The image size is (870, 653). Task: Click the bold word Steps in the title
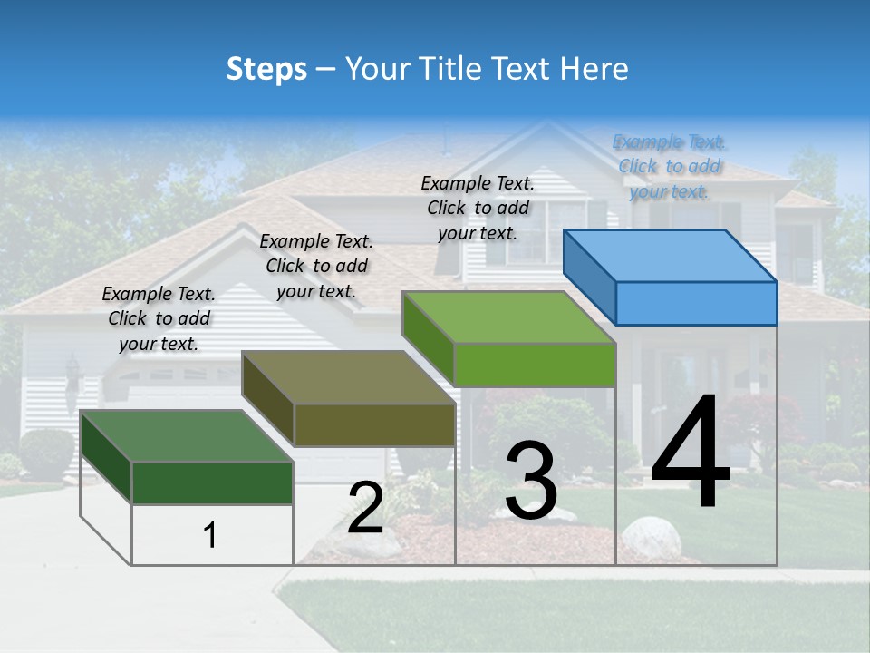[266, 69]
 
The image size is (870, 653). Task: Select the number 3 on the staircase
[531, 481]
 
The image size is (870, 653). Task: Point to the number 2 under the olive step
[365, 508]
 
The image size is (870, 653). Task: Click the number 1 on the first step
[210, 535]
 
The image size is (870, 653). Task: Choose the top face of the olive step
[348, 377]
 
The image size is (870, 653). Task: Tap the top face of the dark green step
[187, 436]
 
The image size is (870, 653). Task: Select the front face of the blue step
[696, 303]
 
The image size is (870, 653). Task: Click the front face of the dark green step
[212, 482]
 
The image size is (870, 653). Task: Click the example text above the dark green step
[159, 318]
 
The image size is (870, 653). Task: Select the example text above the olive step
[316, 266]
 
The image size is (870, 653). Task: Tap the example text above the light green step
[478, 208]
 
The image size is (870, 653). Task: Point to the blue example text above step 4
[669, 166]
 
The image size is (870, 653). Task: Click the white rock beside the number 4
[651, 538]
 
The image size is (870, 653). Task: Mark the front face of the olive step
[373, 424]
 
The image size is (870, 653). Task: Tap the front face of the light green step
[535, 365]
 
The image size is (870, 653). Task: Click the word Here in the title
[594, 69]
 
